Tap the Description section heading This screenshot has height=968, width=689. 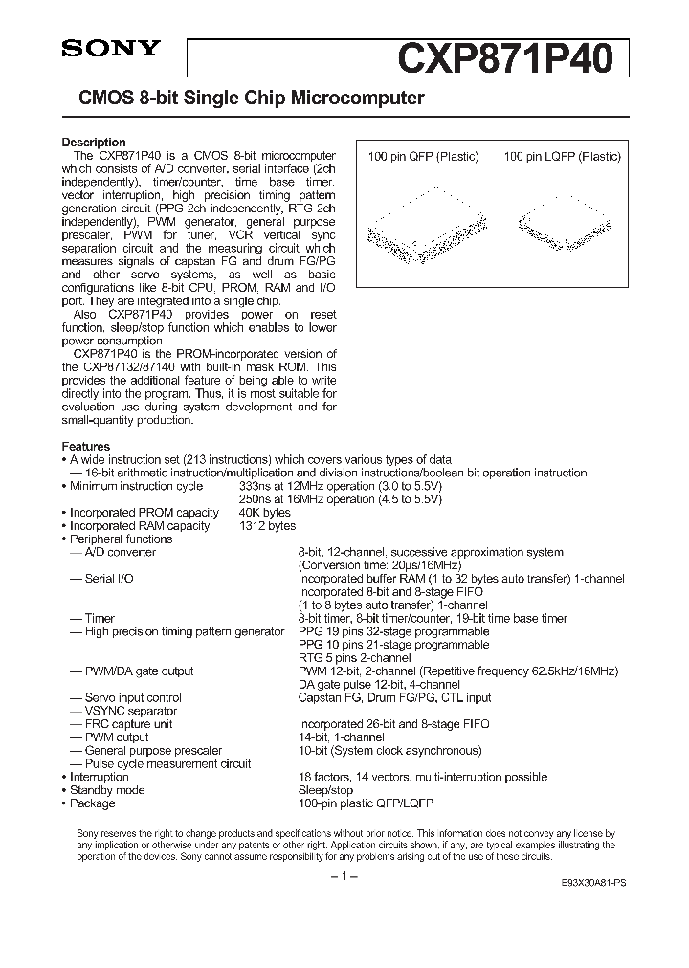[94, 143]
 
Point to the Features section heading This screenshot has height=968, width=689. [86, 447]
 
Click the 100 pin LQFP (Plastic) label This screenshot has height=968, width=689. [562, 157]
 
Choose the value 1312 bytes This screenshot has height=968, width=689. [267, 526]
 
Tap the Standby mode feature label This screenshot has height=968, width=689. [107, 790]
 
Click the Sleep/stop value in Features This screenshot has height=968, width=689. [325, 790]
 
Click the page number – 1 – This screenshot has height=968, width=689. [344, 877]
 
